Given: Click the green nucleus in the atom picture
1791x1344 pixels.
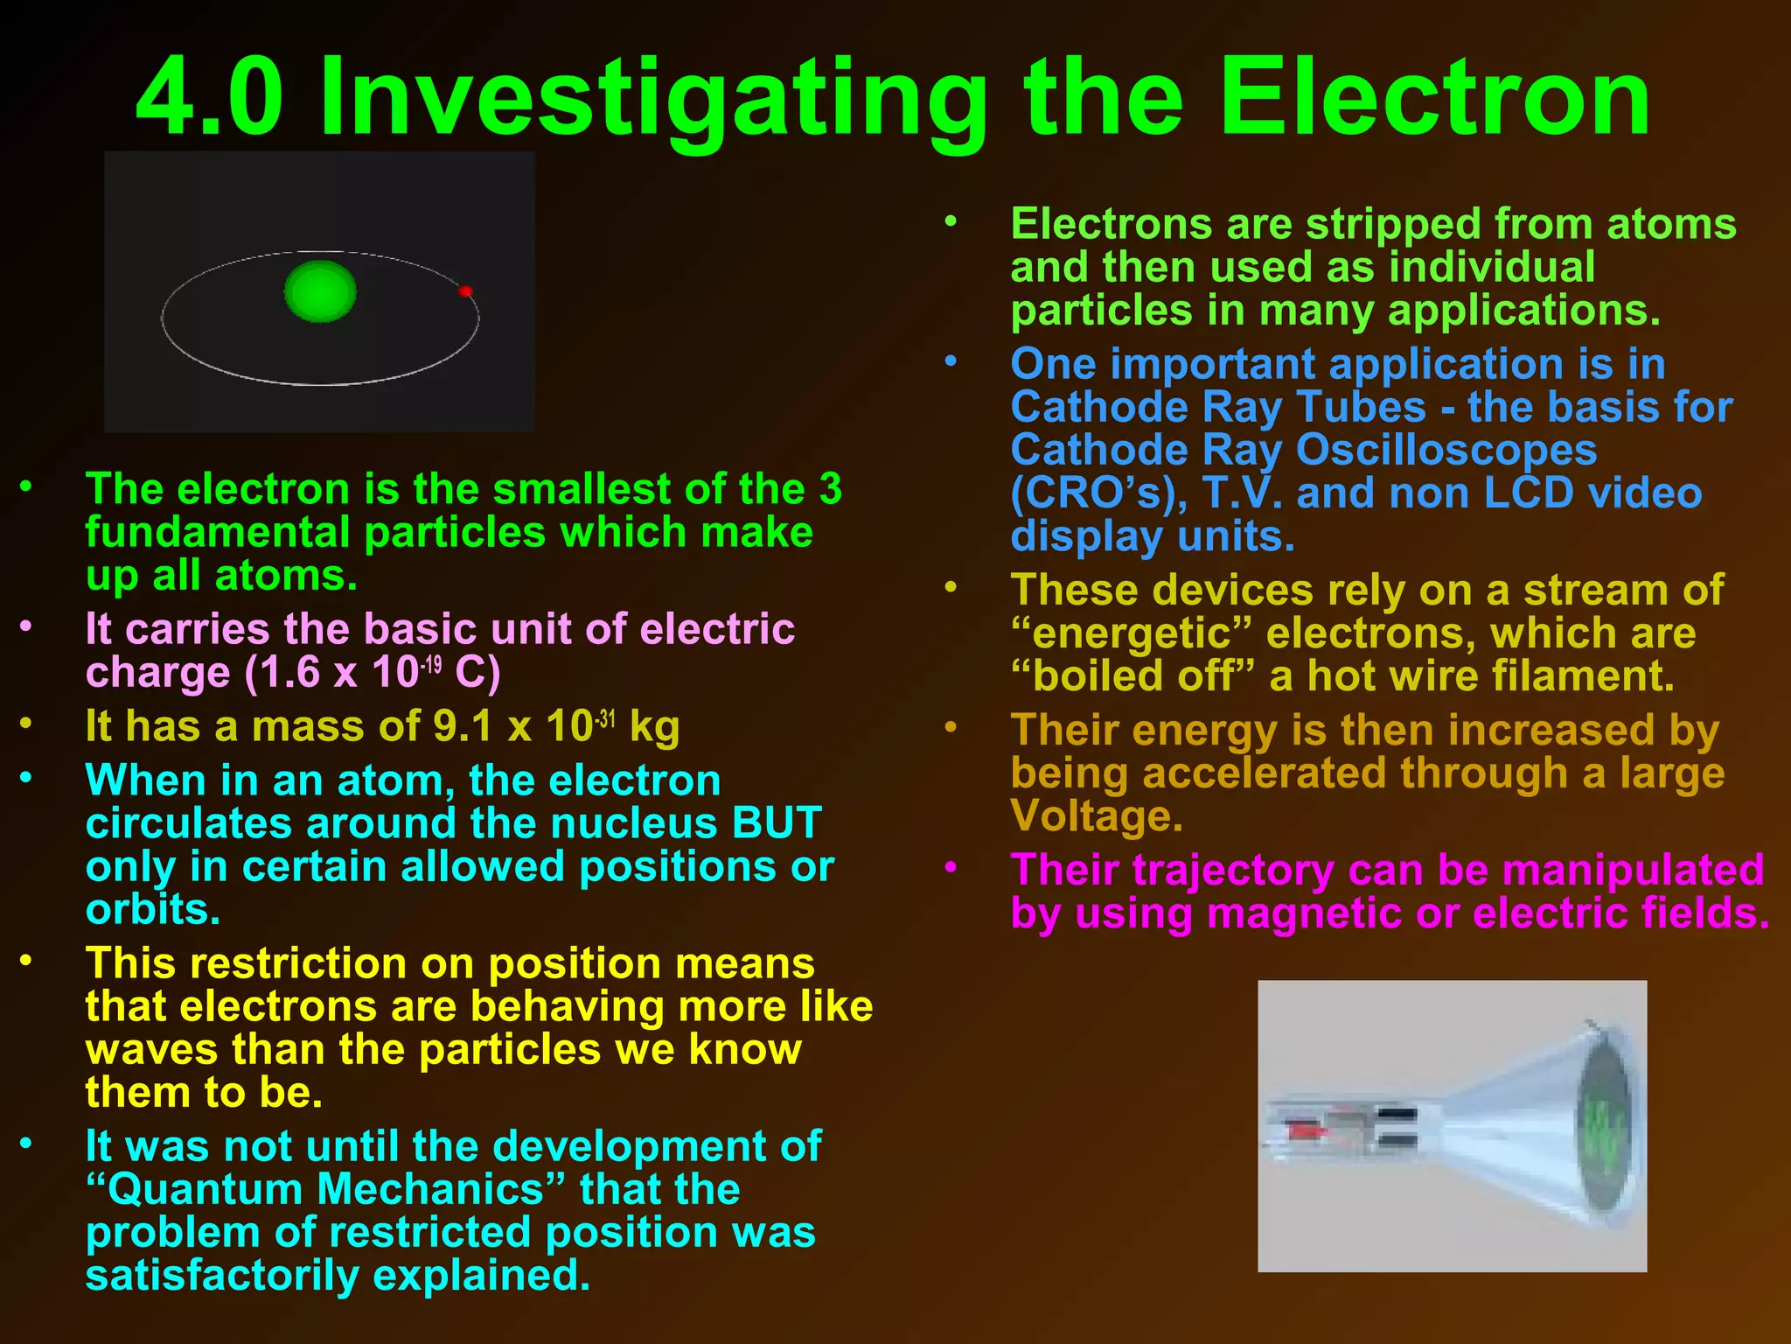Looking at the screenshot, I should coord(320,291).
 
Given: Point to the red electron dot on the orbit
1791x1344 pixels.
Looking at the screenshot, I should coord(465,291).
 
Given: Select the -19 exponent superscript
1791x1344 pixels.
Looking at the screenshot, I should coord(431,665).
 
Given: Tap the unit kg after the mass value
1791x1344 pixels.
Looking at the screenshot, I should coord(654,727).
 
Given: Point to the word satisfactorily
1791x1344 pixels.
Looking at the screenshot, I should coord(222,1276).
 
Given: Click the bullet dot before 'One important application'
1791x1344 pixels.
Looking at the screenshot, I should coord(951,360).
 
